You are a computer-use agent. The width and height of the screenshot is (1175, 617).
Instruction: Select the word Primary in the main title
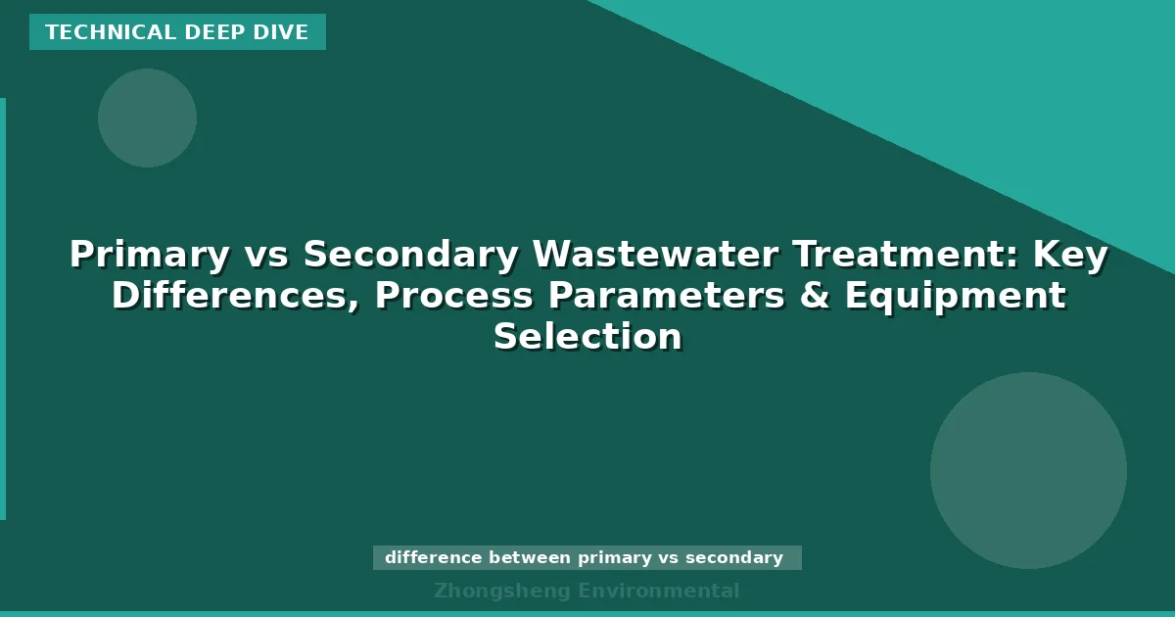pos(149,255)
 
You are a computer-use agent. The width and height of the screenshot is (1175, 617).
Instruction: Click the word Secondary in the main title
pos(410,255)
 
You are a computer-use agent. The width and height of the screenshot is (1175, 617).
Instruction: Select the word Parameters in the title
pos(666,296)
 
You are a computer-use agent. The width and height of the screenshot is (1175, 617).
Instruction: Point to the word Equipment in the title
pos(955,296)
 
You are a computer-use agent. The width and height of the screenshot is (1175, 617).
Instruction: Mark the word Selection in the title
pos(587,337)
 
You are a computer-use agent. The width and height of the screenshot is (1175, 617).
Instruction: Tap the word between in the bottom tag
pos(530,558)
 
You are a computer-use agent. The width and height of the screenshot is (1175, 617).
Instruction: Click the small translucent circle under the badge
pos(147,118)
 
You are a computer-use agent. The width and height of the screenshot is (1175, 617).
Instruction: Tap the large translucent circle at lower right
pos(1028,470)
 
